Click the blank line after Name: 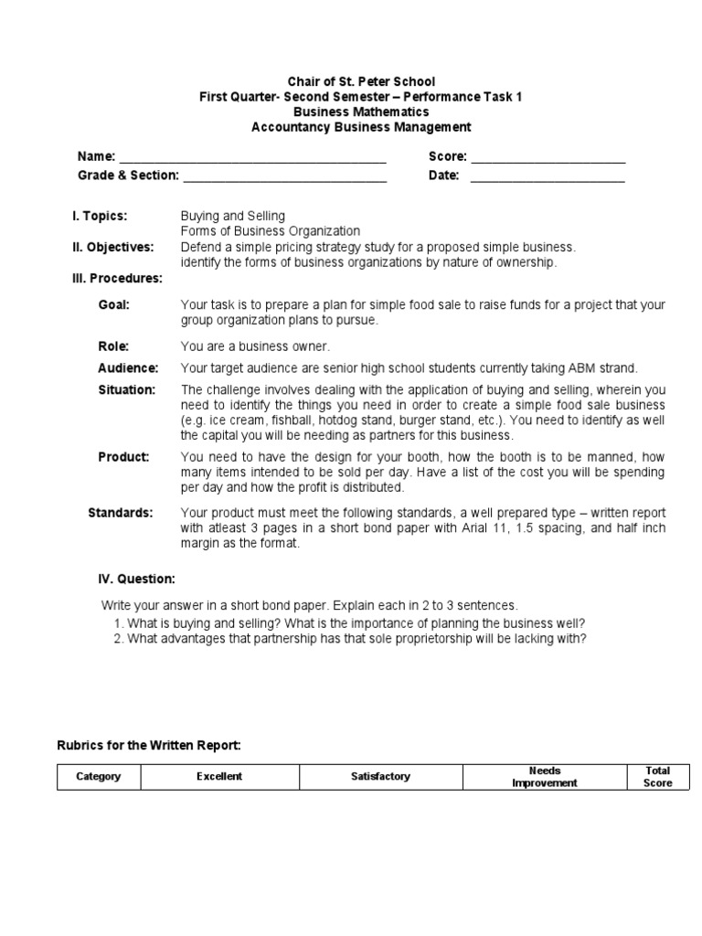253,159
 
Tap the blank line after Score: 548,159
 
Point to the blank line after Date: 548,177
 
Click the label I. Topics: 100,216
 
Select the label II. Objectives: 113,247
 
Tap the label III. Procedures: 117,278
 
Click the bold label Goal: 114,305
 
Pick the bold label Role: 113,346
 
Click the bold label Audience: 128,368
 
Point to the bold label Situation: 127,389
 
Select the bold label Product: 123,456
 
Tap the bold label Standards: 121,512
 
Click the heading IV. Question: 136,579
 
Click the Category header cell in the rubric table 99,777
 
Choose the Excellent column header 219,777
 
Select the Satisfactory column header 381,777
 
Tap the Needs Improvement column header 544,777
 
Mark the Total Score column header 657,777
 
